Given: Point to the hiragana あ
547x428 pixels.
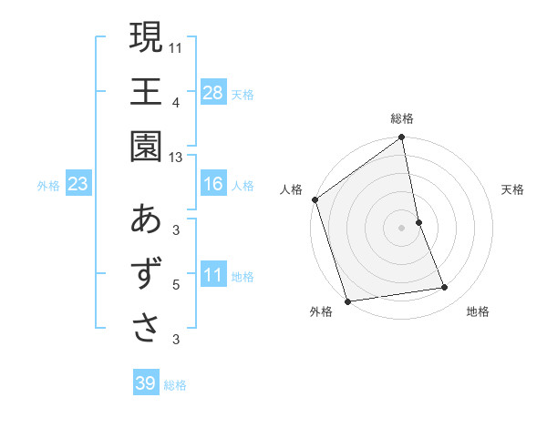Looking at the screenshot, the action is tap(146, 219).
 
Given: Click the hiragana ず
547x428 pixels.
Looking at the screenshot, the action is tap(146, 274).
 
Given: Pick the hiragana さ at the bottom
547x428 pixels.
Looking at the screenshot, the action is tap(146, 329).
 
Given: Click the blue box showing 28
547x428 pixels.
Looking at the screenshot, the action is tap(213, 93).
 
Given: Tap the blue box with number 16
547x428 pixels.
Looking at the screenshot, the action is tap(213, 185).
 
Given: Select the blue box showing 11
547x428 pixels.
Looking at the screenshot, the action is tap(213, 276).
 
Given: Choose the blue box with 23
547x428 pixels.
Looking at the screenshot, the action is tap(78, 185).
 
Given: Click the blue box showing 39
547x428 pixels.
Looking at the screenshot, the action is tap(146, 383).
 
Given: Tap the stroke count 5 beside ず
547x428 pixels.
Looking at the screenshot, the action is tap(176, 285).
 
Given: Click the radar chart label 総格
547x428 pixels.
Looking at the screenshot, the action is tap(402, 118).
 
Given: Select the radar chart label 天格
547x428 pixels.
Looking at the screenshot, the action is tap(513, 189).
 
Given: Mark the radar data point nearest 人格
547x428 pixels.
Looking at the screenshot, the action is tap(315, 199).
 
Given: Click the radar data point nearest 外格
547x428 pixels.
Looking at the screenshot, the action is tap(347, 301).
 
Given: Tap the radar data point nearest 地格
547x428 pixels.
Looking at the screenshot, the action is tap(445, 288).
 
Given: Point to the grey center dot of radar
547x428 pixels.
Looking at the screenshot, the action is tap(402, 227).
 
